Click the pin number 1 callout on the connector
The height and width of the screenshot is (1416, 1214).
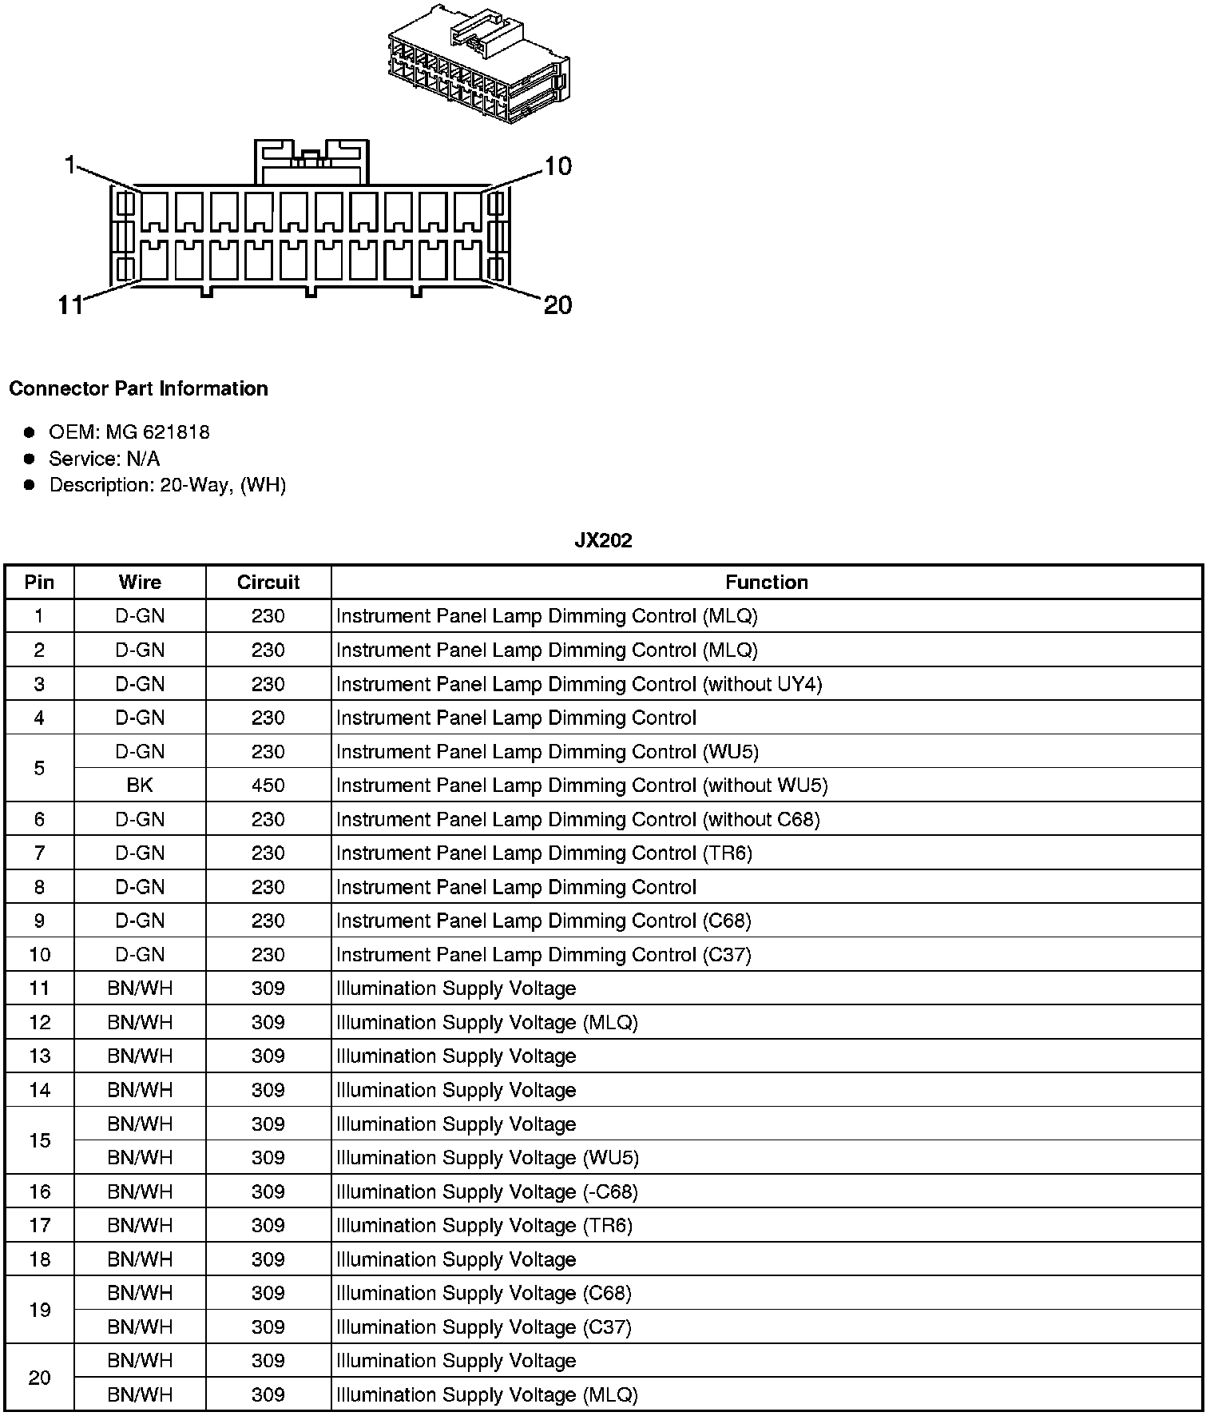(70, 165)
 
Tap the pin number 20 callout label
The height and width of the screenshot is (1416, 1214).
(557, 305)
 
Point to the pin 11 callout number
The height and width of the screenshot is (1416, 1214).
(70, 305)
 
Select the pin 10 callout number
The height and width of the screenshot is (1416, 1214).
(557, 166)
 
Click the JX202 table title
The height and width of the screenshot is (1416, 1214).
(603, 541)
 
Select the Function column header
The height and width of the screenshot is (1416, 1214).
(766, 583)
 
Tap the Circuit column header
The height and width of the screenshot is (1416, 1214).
(268, 583)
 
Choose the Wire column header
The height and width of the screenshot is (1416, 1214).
(140, 583)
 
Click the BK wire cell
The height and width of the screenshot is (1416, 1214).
(140, 786)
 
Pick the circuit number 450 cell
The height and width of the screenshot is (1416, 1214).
(268, 786)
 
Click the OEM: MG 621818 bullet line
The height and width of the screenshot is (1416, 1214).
(129, 432)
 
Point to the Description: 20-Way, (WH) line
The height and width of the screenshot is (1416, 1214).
(167, 485)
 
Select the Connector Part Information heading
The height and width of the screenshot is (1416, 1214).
(138, 389)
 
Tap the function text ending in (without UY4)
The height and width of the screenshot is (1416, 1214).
(579, 684)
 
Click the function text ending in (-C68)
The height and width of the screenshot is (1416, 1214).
(487, 1191)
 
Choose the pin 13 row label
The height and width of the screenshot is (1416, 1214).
(40, 1056)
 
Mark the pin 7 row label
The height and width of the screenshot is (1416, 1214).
(40, 853)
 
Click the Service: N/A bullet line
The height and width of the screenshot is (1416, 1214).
(104, 459)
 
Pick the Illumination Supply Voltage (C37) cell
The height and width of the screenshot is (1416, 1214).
(484, 1327)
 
